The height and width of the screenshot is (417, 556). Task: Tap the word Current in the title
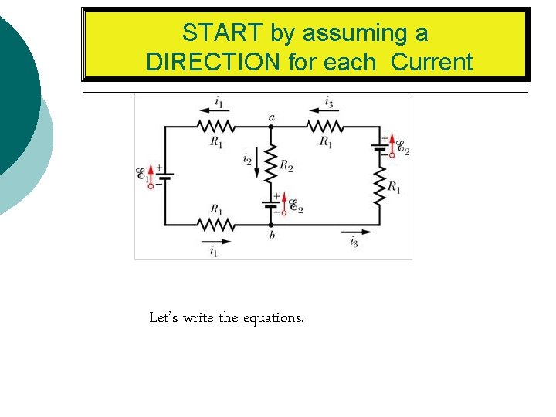[432, 63]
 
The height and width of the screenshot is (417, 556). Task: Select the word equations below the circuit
[274, 317]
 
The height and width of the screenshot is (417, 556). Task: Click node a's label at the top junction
[271, 117]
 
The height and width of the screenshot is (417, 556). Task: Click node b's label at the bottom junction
[272, 236]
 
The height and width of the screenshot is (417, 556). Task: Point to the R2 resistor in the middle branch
[270, 161]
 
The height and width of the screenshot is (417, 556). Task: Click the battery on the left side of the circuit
[164, 175]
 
